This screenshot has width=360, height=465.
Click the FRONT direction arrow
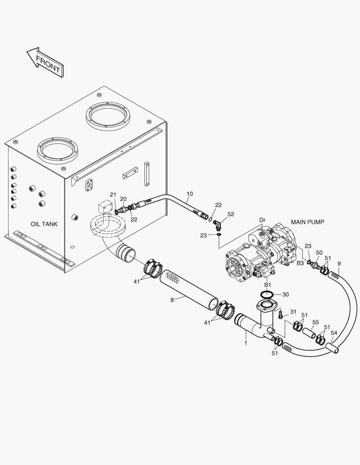[x=46, y=62]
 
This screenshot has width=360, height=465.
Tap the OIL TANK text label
[x=44, y=224]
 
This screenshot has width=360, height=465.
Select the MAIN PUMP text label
[x=307, y=222]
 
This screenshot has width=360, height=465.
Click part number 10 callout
[x=190, y=194]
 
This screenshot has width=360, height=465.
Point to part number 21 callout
[x=113, y=195]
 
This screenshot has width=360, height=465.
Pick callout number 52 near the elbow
[x=231, y=214]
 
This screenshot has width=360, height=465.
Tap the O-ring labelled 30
[x=267, y=294]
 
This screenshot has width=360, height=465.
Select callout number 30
[x=285, y=294]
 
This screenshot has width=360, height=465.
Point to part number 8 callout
[x=172, y=300]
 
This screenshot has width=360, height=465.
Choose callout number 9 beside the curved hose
[x=339, y=263]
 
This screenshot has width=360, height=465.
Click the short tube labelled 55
[x=309, y=332]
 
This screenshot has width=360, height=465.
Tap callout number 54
[x=334, y=333]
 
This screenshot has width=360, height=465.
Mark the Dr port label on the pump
[x=262, y=220]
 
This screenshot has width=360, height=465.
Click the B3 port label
[x=301, y=263]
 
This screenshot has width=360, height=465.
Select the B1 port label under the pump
[x=268, y=285]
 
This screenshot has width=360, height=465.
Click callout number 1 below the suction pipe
[x=246, y=343]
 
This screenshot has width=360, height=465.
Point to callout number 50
[x=319, y=253]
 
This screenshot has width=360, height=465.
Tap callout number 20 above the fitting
[x=123, y=199]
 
